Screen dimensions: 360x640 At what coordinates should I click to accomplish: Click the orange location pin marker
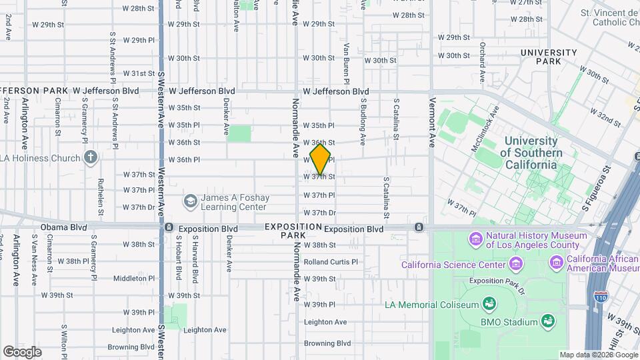pos(321,159)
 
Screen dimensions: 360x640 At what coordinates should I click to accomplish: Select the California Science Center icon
pos(515,265)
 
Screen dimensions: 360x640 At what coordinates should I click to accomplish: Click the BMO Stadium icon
pos(547,321)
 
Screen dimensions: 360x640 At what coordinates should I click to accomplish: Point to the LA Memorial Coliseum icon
pos(489,305)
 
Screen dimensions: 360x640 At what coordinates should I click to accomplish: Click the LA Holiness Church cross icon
pos(91,158)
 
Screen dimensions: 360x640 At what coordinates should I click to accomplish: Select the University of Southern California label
pos(531,153)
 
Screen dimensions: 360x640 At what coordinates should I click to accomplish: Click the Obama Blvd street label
pos(64,227)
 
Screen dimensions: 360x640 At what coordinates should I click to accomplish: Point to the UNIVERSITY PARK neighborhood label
pos(549,57)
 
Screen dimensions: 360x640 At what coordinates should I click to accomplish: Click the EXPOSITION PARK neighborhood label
pos(293,231)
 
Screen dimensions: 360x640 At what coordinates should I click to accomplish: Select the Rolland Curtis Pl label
pos(331,262)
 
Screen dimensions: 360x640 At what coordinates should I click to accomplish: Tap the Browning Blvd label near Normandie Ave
pos(327,343)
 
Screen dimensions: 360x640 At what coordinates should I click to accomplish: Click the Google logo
pos(23,351)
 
